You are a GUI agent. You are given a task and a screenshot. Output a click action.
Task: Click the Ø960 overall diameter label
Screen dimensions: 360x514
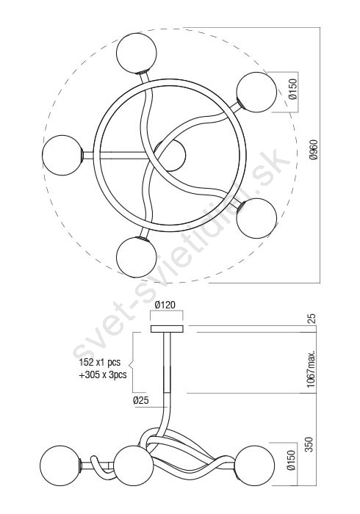click(314, 150)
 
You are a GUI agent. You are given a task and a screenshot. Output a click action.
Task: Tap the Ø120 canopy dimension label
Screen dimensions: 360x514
click(165, 305)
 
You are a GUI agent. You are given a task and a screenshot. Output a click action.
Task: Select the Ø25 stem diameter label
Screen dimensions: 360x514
click(140, 400)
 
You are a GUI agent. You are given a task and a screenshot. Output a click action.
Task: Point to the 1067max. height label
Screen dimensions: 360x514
click(312, 368)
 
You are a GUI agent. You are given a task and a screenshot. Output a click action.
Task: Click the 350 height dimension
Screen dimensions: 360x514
click(309, 444)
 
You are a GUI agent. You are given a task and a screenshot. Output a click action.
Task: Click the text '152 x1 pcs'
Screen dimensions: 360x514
click(100, 362)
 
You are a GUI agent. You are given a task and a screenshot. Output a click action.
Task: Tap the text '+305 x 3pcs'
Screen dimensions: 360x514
click(103, 374)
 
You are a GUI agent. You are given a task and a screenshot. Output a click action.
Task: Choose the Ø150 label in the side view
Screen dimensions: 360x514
click(292, 460)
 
